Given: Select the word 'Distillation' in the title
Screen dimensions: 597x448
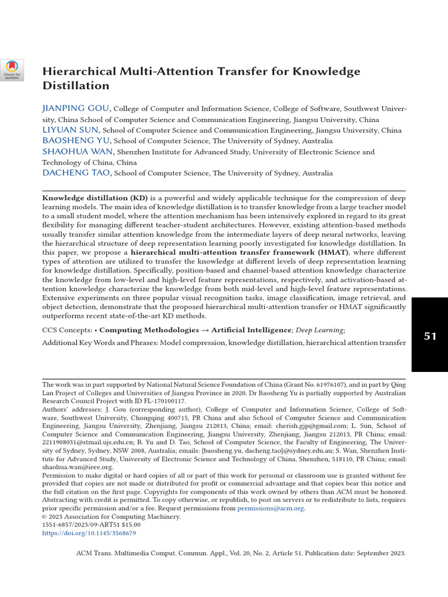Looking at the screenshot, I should click(76, 86).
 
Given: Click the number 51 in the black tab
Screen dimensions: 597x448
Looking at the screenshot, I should click(430, 336).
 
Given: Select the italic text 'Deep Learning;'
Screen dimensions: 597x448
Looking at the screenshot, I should click(320, 330).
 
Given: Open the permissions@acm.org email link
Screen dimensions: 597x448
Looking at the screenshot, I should click(271, 508).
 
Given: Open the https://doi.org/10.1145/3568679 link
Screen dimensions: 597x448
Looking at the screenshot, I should click(89, 533).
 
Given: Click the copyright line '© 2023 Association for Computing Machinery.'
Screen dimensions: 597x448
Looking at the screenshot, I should click(111, 517).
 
